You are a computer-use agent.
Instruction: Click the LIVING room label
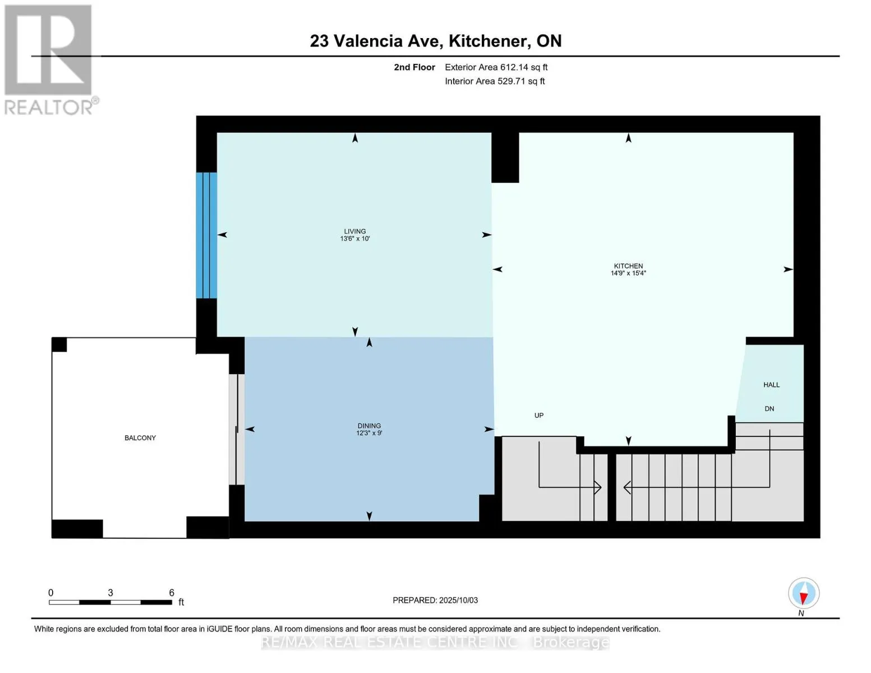354,231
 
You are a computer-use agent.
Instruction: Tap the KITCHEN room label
628,266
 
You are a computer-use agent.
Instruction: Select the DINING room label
369,426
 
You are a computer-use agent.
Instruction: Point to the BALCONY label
140,437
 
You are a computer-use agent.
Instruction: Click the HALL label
771,385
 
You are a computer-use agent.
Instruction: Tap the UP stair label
539,415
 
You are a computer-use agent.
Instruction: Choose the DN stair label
769,409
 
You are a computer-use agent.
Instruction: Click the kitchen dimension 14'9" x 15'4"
628,273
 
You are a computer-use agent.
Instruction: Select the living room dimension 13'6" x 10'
354,238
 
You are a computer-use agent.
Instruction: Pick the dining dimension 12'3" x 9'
369,433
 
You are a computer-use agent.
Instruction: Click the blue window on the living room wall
206,236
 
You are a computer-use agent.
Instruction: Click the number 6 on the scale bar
172,592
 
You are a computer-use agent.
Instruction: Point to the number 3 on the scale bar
110,592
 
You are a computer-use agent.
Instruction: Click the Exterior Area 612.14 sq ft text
496,67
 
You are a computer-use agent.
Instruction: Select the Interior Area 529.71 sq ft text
495,81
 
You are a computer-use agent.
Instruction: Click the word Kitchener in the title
487,41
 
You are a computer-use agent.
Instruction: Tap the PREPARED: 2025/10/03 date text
435,600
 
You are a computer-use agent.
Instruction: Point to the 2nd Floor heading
414,67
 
